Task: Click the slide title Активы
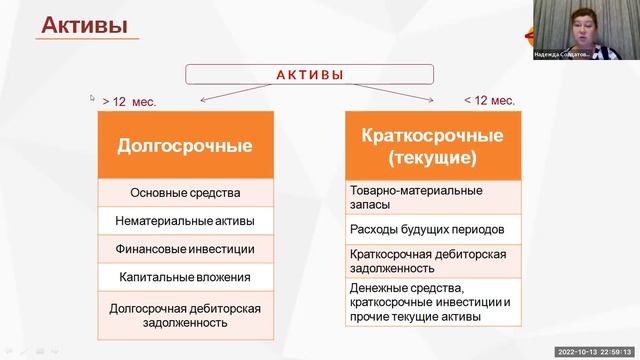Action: (84, 25)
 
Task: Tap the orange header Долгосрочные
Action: (185, 146)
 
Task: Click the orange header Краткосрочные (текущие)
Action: (434, 146)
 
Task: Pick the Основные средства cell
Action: (185, 193)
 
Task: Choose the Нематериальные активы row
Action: (185, 221)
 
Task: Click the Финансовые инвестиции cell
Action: (185, 249)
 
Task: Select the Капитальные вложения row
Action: (185, 277)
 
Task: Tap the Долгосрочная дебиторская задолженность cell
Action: (185, 316)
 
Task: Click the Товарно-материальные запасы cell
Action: (434, 197)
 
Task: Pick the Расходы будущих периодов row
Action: (434, 229)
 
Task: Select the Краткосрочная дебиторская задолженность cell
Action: (434, 261)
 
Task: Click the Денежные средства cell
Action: (434, 303)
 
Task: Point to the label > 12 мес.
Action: (129, 101)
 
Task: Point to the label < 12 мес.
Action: (490, 100)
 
